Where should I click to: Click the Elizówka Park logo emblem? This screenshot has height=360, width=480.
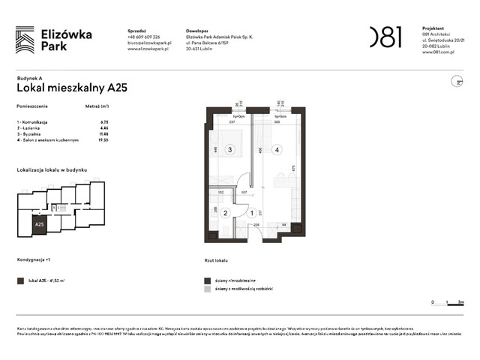click(25, 40)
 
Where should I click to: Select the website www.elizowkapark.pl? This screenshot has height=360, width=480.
click(150, 49)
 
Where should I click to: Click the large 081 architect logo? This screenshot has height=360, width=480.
click(385, 37)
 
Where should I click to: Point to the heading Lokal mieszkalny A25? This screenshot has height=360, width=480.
click(71, 88)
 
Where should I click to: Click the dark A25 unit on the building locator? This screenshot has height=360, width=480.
click(38, 223)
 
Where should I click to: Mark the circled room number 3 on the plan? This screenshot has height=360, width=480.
click(230, 149)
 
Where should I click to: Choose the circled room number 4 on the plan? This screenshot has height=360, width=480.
click(277, 149)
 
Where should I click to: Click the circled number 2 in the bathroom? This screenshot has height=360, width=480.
click(214, 213)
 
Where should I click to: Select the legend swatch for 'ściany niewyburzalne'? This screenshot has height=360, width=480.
click(207, 278)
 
